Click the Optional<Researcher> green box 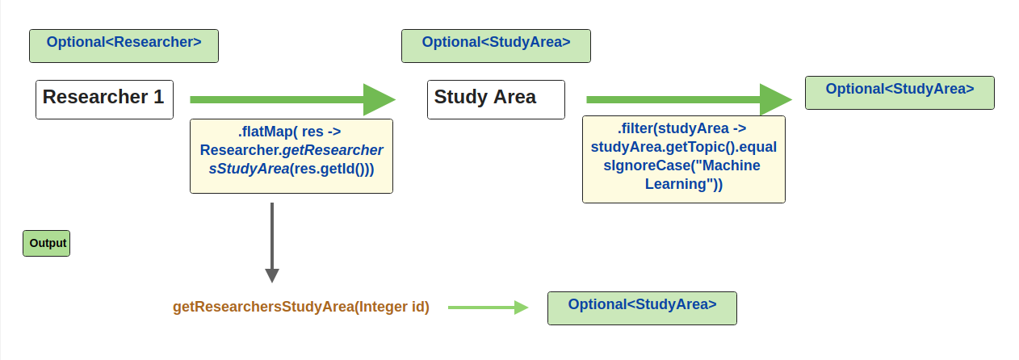124,46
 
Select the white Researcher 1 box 104,99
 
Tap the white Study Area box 496,99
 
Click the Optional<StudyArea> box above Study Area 496,46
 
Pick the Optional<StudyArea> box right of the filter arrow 899,93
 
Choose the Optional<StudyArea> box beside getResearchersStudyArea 642,308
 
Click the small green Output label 47,243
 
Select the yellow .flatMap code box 291,157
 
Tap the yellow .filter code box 683,159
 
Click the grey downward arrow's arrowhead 272,274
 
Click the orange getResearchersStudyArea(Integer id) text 301,308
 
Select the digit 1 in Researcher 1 158,98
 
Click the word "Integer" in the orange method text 385,308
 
